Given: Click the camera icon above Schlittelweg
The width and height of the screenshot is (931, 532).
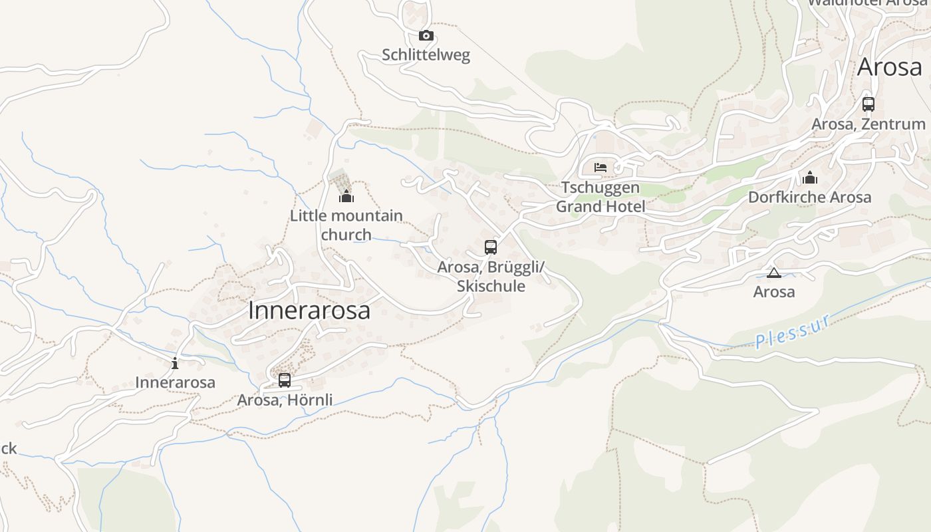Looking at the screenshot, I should (426, 36).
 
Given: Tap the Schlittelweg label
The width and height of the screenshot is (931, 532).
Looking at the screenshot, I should (426, 55).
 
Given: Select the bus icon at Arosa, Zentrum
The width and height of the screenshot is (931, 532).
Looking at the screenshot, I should (868, 104).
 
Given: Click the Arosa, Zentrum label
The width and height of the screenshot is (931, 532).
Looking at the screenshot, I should (868, 124).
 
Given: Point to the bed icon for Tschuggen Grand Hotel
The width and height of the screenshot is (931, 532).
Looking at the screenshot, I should (600, 168).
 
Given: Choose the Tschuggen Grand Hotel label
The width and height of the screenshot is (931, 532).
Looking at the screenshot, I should (600, 197).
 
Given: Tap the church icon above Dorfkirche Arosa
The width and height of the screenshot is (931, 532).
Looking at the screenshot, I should (810, 178).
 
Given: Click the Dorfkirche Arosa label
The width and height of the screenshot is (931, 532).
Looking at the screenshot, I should (809, 198).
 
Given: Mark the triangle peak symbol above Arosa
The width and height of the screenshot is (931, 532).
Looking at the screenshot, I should (774, 273).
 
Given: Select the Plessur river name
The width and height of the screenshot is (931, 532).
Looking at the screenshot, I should (793, 331).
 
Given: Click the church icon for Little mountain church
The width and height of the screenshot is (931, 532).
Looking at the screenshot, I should (346, 196).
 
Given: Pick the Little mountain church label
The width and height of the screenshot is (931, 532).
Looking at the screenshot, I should (346, 225).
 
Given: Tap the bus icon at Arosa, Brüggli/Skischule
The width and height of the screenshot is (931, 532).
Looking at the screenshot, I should (491, 247).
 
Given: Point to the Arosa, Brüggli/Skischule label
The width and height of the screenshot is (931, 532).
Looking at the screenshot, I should (491, 277).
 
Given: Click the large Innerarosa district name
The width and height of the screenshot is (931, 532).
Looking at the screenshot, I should (309, 311).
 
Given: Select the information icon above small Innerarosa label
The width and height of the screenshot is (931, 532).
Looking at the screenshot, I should (175, 363).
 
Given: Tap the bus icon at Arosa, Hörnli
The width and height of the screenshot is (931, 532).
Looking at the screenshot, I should (285, 380).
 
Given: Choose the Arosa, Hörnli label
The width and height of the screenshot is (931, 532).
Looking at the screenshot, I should (285, 400).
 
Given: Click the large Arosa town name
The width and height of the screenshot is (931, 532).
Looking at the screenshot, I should (890, 67).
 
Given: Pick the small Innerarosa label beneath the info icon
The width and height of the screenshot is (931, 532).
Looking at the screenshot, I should (175, 382).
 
